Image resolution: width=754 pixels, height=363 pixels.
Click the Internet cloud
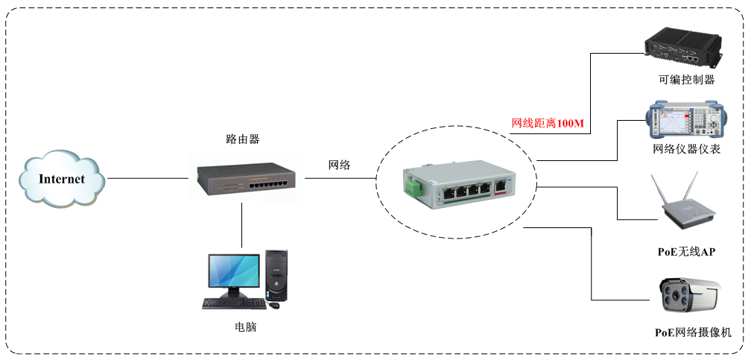pos(62,179)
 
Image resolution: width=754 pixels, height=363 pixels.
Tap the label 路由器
pos(243,139)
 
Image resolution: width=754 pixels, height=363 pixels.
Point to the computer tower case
pos(276,275)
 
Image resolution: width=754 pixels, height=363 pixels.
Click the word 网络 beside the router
pos(340,165)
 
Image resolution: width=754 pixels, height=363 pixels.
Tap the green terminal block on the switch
pos(411,184)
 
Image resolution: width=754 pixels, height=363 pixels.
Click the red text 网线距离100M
pos(547,123)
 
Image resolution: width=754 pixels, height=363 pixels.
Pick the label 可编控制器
pos(686,80)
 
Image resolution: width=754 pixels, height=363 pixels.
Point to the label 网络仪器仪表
pos(686,149)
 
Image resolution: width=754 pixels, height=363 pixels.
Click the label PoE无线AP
pos(686,252)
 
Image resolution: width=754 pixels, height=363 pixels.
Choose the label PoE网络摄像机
pos(693,332)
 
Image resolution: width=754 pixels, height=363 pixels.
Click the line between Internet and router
pos(149,179)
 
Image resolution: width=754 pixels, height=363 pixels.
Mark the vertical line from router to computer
pos(243,224)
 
